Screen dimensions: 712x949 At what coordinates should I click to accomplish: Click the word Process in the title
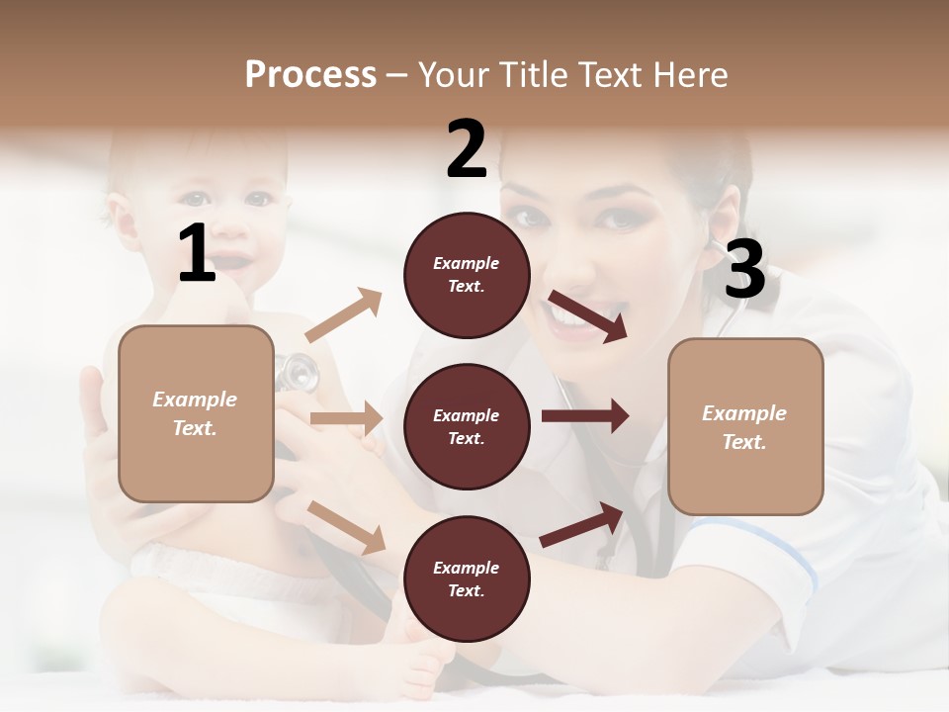[x=310, y=75]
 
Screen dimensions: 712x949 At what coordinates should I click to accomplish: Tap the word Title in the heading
[x=531, y=75]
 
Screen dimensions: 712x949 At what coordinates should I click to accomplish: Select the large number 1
[x=197, y=254]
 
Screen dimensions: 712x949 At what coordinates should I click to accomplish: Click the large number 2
[x=467, y=149]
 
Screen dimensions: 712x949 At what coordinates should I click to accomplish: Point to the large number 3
[x=744, y=269]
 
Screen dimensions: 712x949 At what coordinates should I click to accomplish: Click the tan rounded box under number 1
[x=196, y=413]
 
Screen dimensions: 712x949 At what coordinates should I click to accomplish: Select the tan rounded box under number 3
[x=745, y=426]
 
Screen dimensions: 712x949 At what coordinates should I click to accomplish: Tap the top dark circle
[x=467, y=275]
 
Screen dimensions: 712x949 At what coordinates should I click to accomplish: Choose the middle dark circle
[x=467, y=426]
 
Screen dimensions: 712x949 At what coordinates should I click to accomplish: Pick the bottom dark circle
[x=467, y=578]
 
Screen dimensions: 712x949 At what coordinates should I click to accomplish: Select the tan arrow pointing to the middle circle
[x=346, y=418]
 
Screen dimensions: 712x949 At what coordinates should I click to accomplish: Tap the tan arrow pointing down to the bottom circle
[x=347, y=527]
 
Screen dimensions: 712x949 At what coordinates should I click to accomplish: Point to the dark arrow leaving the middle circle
[x=584, y=415]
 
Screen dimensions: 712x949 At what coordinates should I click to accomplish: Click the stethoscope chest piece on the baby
[x=297, y=374]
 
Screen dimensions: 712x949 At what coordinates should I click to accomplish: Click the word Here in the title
[x=690, y=75]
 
